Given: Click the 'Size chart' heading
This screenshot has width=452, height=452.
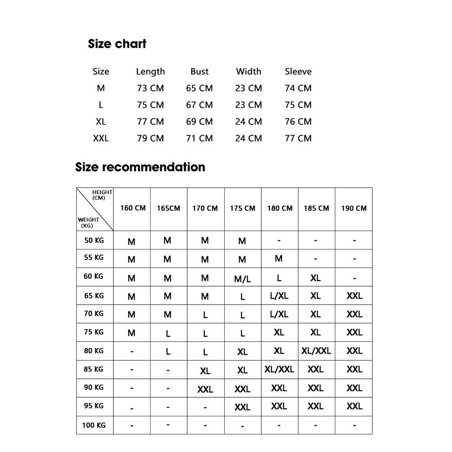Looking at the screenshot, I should [x=117, y=44].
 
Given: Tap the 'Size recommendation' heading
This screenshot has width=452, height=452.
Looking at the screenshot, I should [x=140, y=167].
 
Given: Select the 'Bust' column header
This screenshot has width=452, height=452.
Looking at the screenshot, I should [x=199, y=71].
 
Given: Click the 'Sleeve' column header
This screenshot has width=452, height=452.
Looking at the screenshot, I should [x=298, y=71].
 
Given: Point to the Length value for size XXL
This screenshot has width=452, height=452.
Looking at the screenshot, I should [x=150, y=138].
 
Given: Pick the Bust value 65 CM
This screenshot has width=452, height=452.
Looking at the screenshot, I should [x=199, y=88].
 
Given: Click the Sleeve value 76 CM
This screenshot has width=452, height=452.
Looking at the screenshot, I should [x=298, y=122].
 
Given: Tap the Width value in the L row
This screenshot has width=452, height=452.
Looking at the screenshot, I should [x=248, y=105].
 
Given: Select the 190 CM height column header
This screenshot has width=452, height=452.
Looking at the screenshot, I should [x=354, y=208].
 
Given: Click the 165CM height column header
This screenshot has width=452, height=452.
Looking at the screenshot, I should [x=168, y=208].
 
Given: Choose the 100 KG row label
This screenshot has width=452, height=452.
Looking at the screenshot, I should [x=94, y=425].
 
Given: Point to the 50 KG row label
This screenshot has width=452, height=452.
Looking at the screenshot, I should [x=94, y=240].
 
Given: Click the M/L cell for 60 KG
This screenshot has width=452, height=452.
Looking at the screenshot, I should [x=242, y=279].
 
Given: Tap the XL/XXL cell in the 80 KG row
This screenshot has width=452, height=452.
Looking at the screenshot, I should [x=316, y=351].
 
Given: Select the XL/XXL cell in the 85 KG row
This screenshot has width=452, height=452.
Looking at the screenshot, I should [x=279, y=369].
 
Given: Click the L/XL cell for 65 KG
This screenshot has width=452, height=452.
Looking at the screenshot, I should [x=279, y=296].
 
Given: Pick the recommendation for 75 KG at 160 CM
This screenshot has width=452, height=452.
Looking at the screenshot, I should [x=132, y=333].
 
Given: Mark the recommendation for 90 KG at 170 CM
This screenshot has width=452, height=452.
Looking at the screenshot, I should [x=205, y=389].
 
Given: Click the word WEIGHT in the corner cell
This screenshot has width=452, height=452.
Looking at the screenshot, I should [x=88, y=220].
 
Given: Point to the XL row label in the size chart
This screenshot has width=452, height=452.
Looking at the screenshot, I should [x=101, y=122].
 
